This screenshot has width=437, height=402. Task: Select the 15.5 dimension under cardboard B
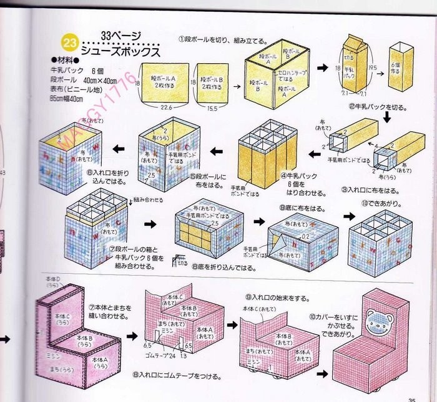[214, 107]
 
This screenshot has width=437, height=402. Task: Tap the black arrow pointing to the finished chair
[323, 374]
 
